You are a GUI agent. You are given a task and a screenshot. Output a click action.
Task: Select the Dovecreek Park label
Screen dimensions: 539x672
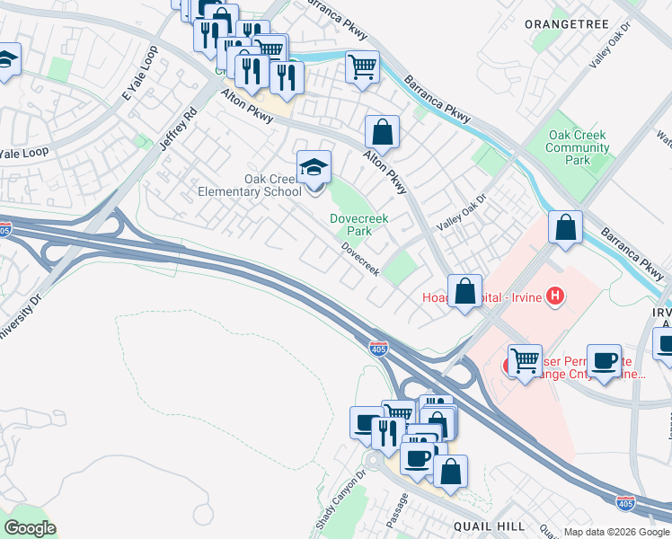pos(350,224)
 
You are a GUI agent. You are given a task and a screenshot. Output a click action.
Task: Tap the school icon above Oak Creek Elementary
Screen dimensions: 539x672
pos(314,168)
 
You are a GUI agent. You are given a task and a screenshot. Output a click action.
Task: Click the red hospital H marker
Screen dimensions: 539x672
pos(556,296)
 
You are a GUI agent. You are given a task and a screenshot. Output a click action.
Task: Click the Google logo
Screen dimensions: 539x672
pos(30,528)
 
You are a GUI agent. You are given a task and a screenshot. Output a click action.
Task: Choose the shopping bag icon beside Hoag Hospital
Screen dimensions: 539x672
pos(464,292)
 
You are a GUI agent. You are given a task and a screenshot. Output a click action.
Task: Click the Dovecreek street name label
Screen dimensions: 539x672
pos(359,258)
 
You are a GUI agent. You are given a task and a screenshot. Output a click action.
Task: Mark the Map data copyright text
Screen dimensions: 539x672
pos(616,532)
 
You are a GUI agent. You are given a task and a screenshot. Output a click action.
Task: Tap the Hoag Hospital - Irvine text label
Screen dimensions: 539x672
pos(481,297)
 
